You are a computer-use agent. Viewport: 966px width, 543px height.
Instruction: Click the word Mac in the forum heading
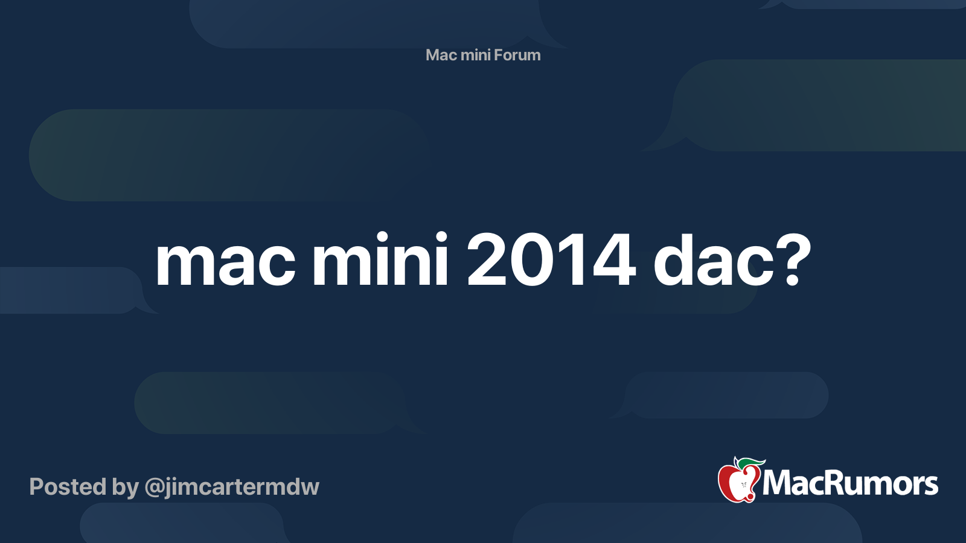tap(441, 55)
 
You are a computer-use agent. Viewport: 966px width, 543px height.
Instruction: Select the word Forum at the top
tap(517, 55)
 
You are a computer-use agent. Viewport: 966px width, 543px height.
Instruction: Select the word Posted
tap(68, 487)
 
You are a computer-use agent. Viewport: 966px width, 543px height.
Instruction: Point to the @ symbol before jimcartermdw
tap(154, 487)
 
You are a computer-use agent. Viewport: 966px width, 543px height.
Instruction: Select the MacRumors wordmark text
tap(850, 483)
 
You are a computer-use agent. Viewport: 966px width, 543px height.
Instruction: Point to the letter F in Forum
tap(498, 55)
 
